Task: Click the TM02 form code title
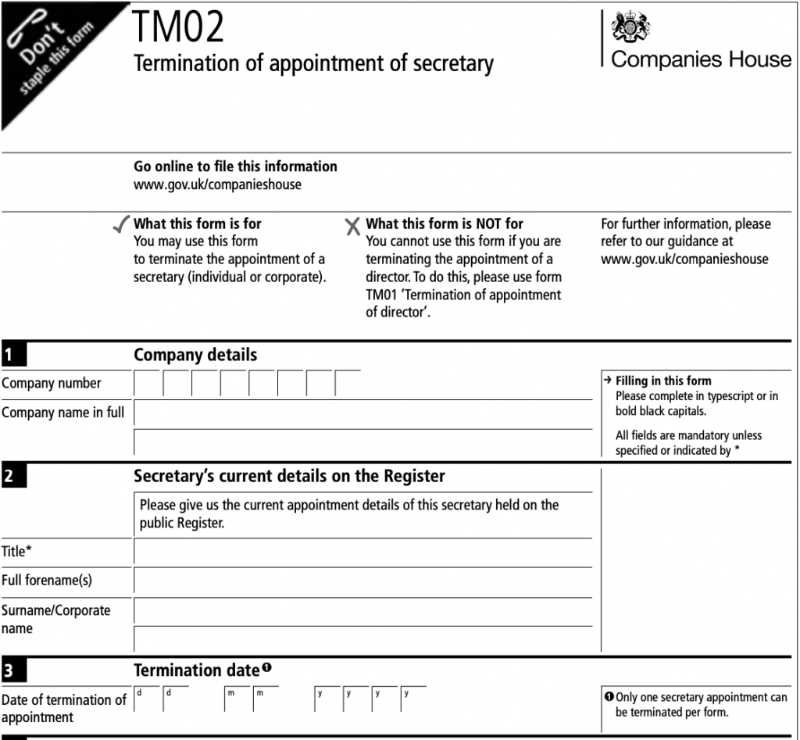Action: (x=179, y=28)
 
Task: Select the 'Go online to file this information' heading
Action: (x=235, y=166)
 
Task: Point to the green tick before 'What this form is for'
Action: (x=122, y=227)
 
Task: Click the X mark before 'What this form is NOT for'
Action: (x=353, y=227)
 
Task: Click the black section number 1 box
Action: (x=13, y=356)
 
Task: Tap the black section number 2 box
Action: (x=13, y=475)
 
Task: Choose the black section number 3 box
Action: (x=13, y=670)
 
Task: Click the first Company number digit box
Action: (x=148, y=384)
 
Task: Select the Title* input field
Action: (x=362, y=552)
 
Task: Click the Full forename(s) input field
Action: (x=362, y=581)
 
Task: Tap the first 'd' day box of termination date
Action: (x=148, y=699)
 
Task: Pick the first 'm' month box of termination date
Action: (x=238, y=699)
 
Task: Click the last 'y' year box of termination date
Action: (x=415, y=699)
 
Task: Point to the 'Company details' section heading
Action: (x=195, y=356)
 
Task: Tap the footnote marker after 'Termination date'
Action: (x=267, y=667)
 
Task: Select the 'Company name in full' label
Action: (x=62, y=413)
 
